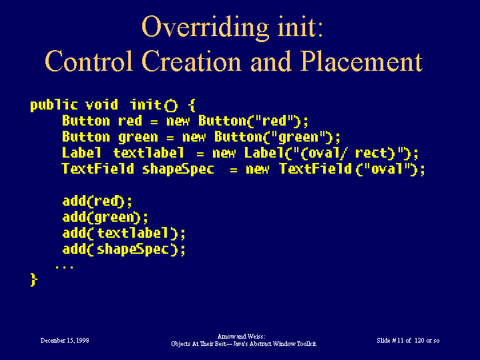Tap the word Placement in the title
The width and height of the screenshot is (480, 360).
pos(362,61)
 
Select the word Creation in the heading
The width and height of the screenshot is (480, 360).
pos(192,61)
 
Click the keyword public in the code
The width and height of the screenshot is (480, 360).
pos(54,105)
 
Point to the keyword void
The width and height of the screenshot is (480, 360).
pos(101,105)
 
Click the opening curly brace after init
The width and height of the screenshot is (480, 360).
pos(192,105)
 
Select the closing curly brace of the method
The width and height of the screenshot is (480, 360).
pos(33,280)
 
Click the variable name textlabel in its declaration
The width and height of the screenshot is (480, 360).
pos(149,152)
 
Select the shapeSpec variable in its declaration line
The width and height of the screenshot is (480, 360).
pos(178,169)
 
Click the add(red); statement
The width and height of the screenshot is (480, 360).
pos(97,201)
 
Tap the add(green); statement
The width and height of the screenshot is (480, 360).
pos(105,217)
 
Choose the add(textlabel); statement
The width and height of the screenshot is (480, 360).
pos(124,233)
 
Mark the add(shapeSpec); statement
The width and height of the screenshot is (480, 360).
pos(124,249)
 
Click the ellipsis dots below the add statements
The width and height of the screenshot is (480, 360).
pos(64,267)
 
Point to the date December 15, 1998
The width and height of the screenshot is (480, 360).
pos(65,341)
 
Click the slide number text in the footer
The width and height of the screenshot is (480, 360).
pos(408,341)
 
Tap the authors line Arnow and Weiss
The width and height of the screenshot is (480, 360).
pos(242,337)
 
